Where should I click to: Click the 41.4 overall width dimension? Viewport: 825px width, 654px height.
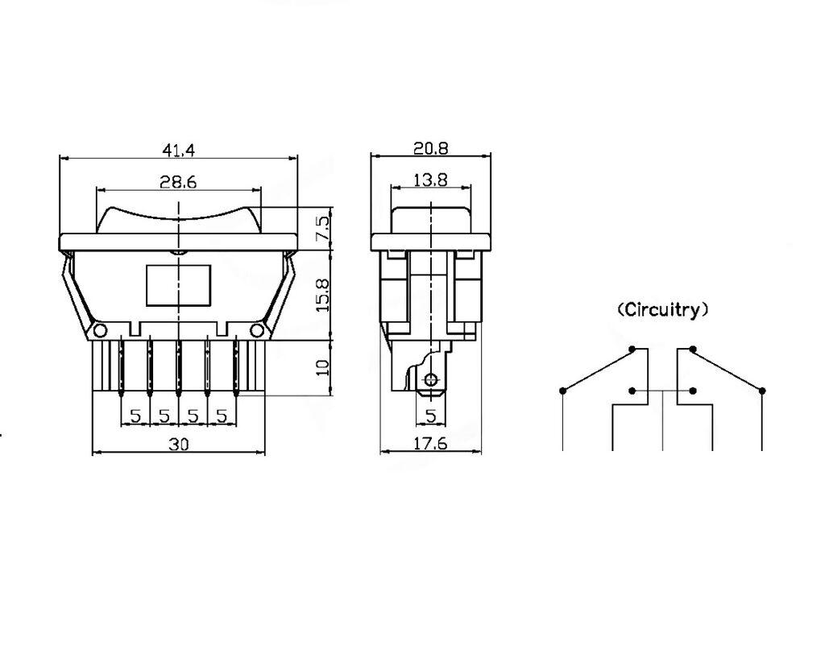[178, 150]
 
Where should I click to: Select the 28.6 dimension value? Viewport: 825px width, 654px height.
[178, 182]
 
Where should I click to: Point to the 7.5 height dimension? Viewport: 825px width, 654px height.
[321, 227]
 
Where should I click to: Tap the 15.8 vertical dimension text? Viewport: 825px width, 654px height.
[321, 295]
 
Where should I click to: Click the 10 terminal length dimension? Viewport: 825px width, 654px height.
[322, 367]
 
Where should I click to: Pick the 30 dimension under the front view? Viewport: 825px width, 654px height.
[179, 444]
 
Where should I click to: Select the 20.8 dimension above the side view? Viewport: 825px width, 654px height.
[431, 148]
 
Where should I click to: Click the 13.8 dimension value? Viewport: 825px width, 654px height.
[430, 180]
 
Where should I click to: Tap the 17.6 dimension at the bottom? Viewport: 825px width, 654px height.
[431, 444]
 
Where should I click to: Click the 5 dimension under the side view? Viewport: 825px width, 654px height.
[430, 416]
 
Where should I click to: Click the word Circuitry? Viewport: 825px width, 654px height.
[663, 310]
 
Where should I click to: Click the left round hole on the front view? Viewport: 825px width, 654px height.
[99, 330]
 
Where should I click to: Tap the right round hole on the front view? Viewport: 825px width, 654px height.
[257, 330]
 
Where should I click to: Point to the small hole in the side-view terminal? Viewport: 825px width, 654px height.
[432, 379]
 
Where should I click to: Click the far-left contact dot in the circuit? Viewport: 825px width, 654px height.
[562, 391]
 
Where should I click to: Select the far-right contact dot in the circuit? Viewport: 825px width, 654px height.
[762, 391]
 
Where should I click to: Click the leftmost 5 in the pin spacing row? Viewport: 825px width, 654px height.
[135, 416]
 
